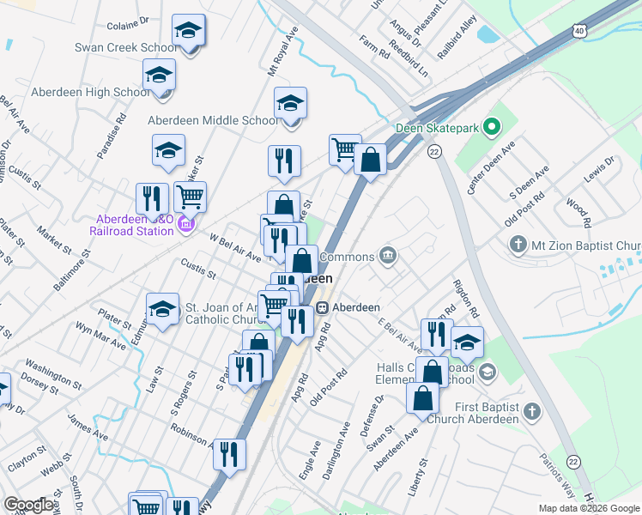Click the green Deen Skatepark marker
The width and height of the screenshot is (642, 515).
pos(491,129)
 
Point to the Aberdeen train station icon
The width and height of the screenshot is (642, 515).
pos(323,307)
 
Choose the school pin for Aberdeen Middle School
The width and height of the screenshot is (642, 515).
pos(291,105)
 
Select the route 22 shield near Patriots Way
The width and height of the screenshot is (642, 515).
pos(573,461)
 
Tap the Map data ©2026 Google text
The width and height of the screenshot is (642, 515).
pos(589,508)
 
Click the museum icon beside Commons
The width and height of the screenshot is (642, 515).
pos(389,255)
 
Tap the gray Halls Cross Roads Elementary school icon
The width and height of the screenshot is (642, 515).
pos(488,372)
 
